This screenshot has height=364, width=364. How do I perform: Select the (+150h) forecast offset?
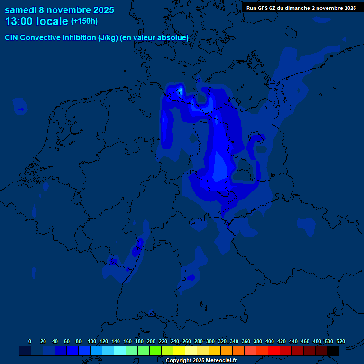pyautogui.click(x=84, y=21)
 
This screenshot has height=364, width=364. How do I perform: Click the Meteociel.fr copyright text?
pyautogui.click(x=201, y=360)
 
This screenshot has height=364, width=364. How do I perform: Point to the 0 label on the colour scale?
pyautogui.click(x=30, y=341)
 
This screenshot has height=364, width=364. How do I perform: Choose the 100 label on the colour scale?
pyautogui.click(x=92, y=341)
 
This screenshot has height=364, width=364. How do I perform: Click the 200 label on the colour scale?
pyautogui.click(x=151, y=341)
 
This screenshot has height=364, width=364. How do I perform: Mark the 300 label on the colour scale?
pyautogui.click(x=210, y=341)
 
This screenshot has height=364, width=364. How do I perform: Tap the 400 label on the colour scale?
pyautogui.click(x=270, y=341)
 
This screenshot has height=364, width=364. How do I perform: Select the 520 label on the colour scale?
pyautogui.click(x=340, y=341)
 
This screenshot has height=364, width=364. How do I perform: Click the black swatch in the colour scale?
pyautogui.click(x=333, y=351)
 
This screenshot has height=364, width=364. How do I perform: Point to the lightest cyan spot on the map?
pyautogui.click(x=181, y=90)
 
